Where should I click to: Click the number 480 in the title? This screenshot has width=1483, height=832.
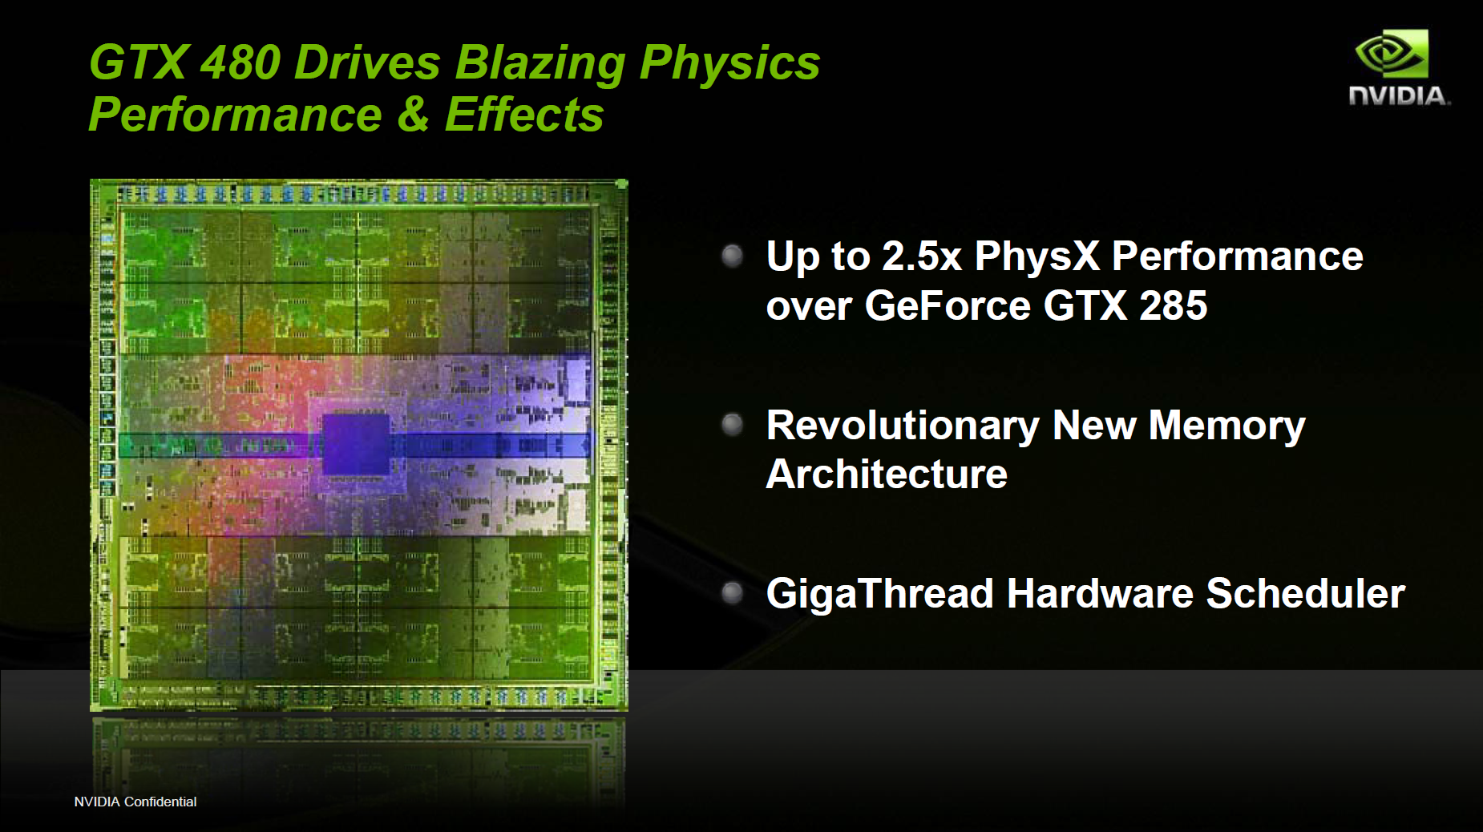coord(240,63)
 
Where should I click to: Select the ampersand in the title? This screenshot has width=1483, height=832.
coord(413,114)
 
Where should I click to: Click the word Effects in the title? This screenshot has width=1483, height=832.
coord(523,114)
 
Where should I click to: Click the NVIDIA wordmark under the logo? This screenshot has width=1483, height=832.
coord(1400,96)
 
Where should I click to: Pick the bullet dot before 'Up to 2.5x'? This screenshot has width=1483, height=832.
coord(732,256)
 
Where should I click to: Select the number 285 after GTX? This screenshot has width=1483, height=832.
coord(1174,305)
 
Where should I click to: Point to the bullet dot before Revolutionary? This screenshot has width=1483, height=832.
coord(732,424)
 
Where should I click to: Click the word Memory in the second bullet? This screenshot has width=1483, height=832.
coord(1227,426)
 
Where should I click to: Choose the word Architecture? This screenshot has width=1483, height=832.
coord(887,474)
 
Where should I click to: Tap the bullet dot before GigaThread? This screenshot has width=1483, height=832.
coord(732,593)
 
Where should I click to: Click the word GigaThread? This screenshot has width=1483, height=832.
coord(880,595)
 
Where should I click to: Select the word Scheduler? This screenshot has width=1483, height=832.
coord(1306,593)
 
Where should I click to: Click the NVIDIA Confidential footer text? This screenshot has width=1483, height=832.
coord(135,802)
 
